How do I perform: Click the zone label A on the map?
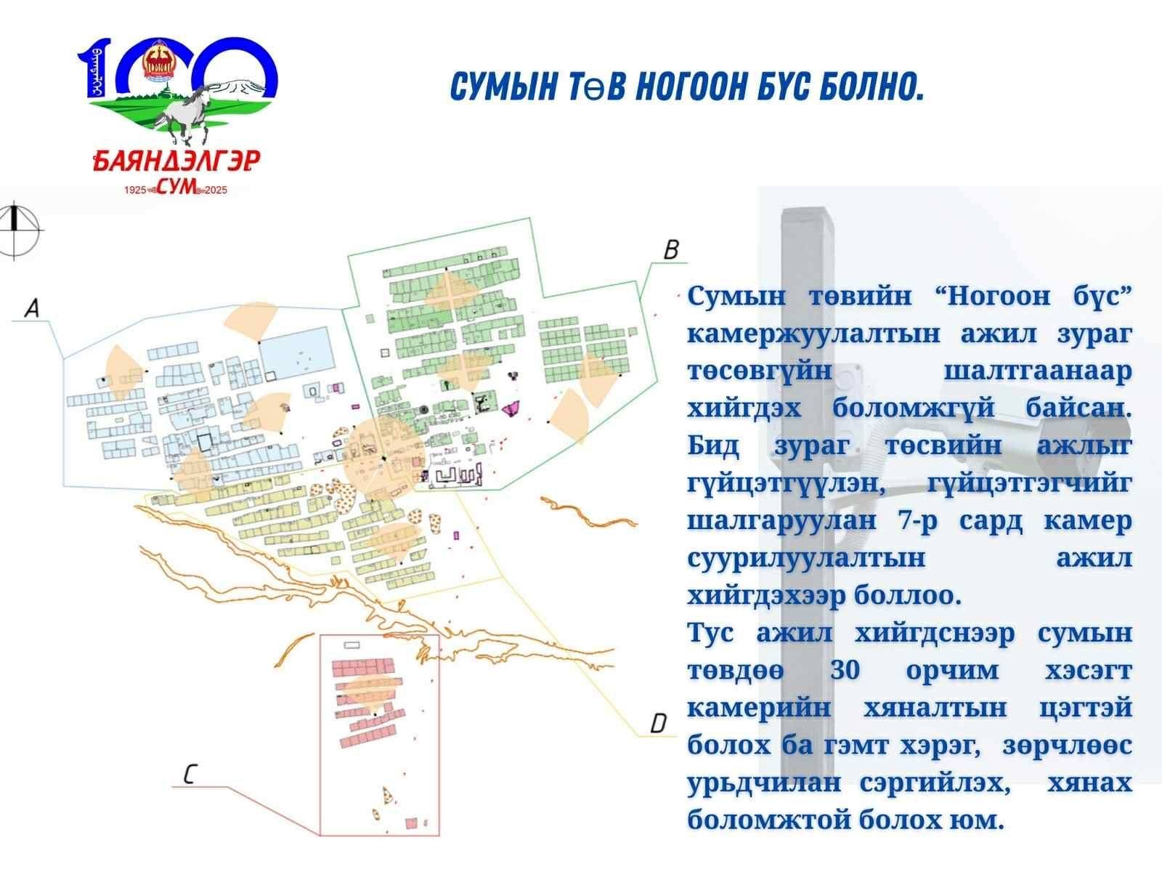click(x=32, y=307)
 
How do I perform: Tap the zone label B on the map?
click(x=671, y=249)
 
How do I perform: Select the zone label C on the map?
click(x=190, y=774)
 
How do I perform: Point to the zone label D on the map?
click(x=658, y=723)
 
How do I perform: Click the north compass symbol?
click(x=16, y=230)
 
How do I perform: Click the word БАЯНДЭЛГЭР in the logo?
click(x=176, y=161)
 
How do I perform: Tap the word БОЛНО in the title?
click(x=871, y=86)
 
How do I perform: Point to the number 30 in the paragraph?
click(x=845, y=670)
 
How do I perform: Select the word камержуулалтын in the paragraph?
click(x=813, y=334)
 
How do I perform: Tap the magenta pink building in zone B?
click(x=511, y=408)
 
